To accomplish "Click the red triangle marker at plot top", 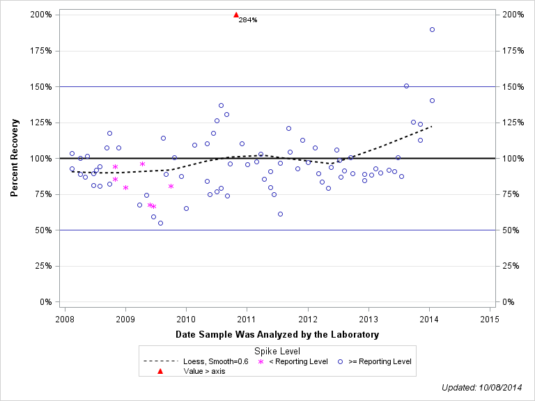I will (x=236, y=15).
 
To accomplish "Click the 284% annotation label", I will (x=248, y=20).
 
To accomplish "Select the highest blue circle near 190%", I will (x=432, y=29).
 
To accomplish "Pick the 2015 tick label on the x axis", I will (x=489, y=319).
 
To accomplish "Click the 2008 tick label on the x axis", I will (x=65, y=319).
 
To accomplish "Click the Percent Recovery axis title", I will (x=15, y=158).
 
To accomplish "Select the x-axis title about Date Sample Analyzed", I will (x=277, y=335).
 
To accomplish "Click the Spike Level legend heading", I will (x=277, y=352).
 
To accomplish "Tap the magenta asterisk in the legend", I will (x=261, y=361).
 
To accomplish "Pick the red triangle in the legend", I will (x=160, y=371).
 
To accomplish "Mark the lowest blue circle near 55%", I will (x=160, y=223).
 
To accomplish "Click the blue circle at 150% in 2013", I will (x=406, y=86).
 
